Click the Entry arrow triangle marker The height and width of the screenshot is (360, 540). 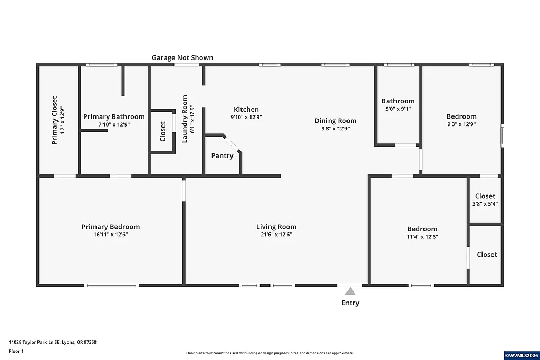point(350,291)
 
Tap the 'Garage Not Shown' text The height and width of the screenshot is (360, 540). point(182,57)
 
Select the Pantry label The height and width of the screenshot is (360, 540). point(222,156)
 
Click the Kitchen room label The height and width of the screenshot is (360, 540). point(246,110)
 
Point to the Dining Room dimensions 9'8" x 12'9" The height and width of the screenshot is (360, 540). point(335,128)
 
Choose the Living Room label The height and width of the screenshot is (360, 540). point(276,227)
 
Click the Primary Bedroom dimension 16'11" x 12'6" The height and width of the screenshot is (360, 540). point(111,235)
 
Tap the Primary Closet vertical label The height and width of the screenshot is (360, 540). point(54,120)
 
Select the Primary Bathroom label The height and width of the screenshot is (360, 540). point(114,117)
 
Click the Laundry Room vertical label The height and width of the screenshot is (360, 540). point(185,119)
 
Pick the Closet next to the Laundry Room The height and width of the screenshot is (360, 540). point(162,132)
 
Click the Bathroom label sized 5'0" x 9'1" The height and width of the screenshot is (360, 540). point(398,101)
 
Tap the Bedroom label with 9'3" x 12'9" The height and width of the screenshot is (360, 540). point(461,117)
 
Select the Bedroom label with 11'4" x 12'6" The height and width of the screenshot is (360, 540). point(422,229)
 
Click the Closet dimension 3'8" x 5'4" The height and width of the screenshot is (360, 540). point(485,203)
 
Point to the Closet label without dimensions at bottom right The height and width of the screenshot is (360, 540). point(487,255)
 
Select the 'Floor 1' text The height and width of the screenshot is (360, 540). point(16,351)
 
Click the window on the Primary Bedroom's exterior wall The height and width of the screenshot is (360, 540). point(111,285)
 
